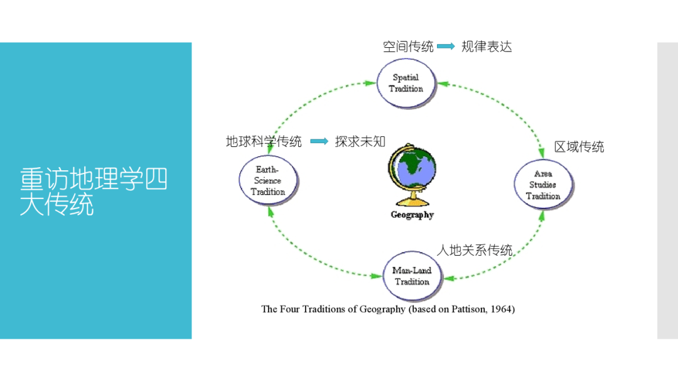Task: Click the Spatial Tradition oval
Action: [x=406, y=84]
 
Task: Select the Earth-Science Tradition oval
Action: [x=267, y=181]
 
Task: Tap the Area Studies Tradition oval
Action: [x=543, y=185]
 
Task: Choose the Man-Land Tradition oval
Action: [x=412, y=276]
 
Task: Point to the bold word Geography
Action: [x=412, y=215]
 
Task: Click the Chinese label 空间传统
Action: [x=408, y=46]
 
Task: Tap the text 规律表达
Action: [x=487, y=46]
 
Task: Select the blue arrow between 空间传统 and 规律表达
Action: [x=446, y=46]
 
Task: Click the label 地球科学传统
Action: [x=264, y=141]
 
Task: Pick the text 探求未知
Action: [x=360, y=141]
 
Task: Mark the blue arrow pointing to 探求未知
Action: [x=319, y=141]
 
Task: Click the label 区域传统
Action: [x=579, y=147]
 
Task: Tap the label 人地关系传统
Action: [x=475, y=250]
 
